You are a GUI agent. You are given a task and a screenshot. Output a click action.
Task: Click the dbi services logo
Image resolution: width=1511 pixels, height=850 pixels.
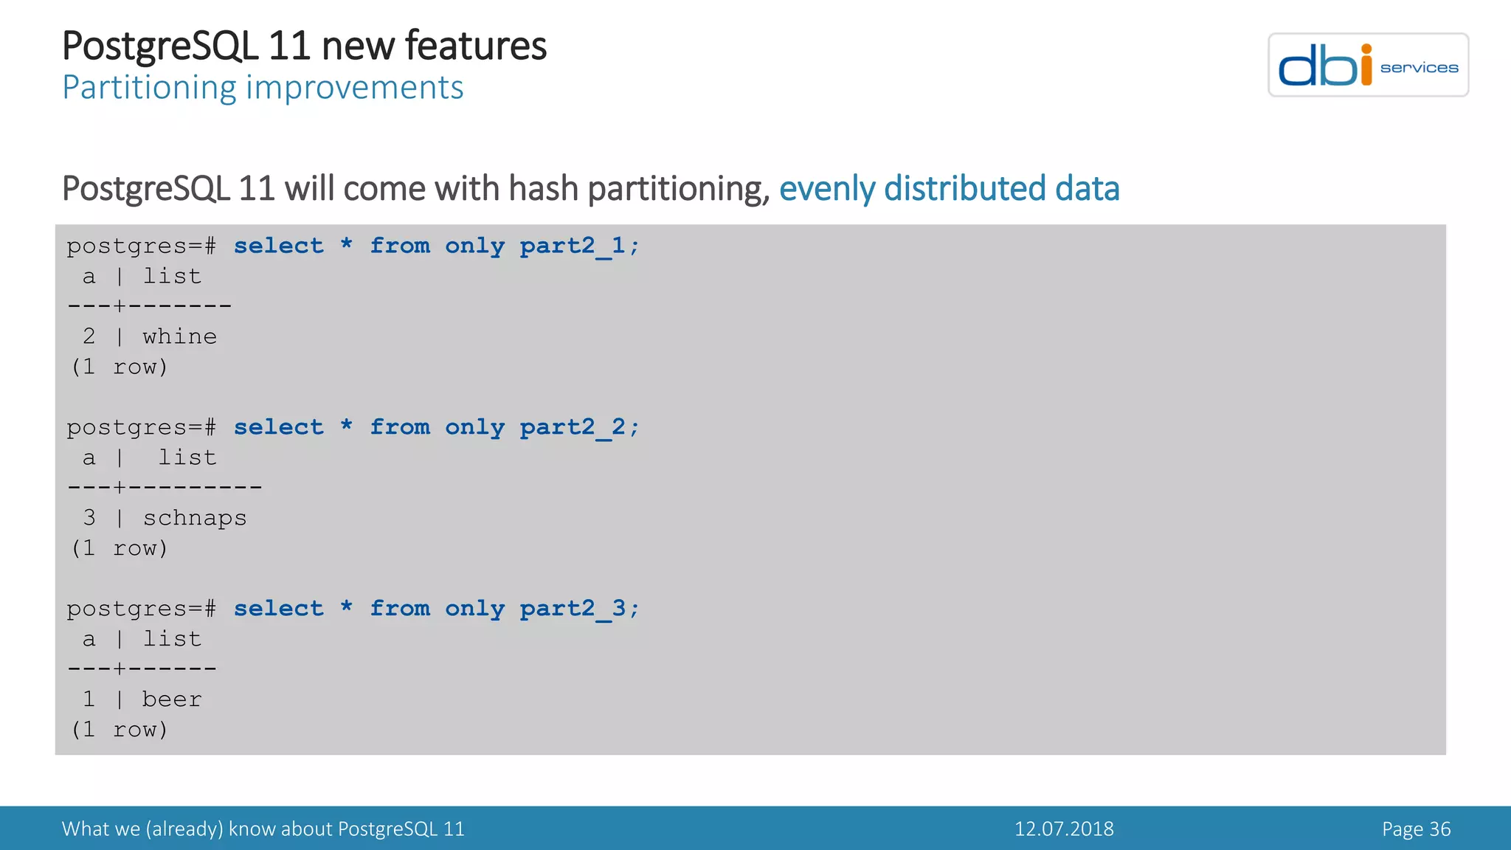pos(1367,65)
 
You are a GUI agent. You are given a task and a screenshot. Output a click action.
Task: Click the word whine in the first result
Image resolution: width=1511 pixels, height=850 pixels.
pos(179,337)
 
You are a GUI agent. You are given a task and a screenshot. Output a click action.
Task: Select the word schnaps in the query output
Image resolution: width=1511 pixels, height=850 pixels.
pos(195,519)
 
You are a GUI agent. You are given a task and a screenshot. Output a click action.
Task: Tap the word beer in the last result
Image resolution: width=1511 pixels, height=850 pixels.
pos(171,699)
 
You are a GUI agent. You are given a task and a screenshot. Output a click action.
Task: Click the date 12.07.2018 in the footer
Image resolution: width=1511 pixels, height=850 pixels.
pos(1063,829)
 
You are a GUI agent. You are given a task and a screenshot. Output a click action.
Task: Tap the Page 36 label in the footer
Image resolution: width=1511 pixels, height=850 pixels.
pos(1416,829)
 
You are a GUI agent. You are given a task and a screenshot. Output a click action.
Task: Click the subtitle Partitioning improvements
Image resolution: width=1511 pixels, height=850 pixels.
pos(263,88)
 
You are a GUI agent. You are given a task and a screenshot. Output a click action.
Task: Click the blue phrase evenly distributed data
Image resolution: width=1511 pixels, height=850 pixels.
pos(949,189)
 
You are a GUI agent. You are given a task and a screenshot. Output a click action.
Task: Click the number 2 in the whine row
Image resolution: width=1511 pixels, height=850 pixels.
pos(89,337)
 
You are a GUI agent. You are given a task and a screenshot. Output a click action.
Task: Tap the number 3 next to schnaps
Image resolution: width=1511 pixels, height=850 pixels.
pos(89,518)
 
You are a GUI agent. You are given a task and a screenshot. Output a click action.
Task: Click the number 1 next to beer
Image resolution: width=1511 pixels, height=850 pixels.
pos(89,699)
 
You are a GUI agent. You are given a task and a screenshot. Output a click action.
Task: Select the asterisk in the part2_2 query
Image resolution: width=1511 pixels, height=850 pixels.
pos(346,426)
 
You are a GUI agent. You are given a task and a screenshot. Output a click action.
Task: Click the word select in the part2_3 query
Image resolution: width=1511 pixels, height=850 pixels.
pos(278,609)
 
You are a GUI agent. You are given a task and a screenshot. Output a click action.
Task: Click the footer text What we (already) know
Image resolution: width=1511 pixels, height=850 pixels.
pos(263,829)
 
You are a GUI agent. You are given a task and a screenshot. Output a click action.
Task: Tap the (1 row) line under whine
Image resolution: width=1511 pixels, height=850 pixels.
pos(120,367)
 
